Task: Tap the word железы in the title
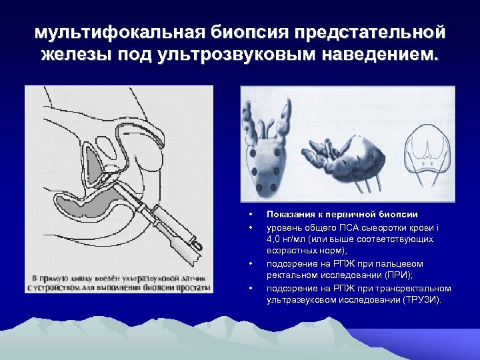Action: [x=75, y=53]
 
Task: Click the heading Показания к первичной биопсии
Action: [x=342, y=214]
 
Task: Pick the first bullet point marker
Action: [x=249, y=215]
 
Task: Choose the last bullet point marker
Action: [x=249, y=288]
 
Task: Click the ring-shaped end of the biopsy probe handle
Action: [x=195, y=250]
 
